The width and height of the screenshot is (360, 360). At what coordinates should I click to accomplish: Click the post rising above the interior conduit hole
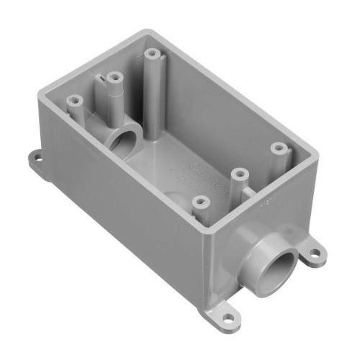114,77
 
